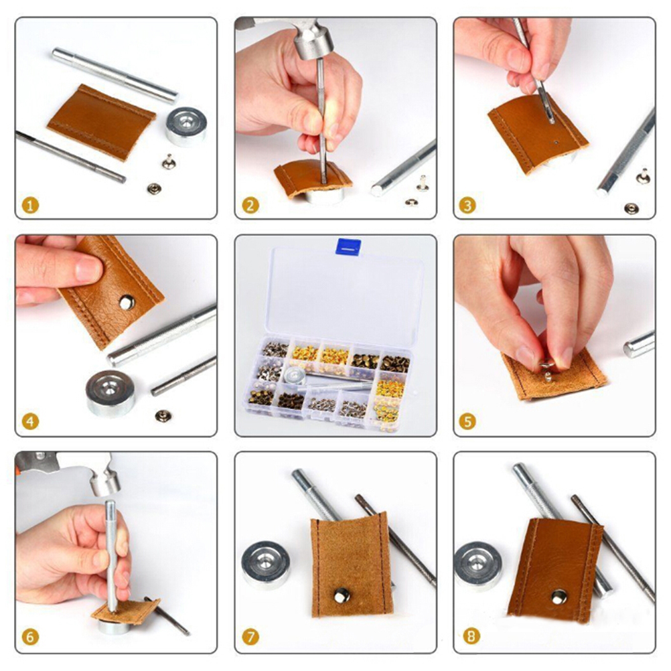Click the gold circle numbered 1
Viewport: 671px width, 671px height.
click(x=30, y=206)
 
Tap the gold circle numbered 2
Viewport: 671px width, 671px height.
click(x=250, y=206)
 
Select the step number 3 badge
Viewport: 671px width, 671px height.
click(x=467, y=206)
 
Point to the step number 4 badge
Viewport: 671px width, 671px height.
click(x=30, y=421)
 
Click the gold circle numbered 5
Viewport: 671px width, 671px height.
click(x=467, y=421)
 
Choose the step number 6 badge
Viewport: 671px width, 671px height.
click(x=30, y=636)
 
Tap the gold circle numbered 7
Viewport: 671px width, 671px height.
click(x=250, y=636)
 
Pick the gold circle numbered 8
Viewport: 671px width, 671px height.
click(x=471, y=636)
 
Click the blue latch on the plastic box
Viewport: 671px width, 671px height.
click(x=348, y=246)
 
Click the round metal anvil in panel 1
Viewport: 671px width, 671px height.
click(x=186, y=127)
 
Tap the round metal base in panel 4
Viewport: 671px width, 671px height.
click(x=110, y=393)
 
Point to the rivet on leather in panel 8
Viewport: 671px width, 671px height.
click(x=558, y=597)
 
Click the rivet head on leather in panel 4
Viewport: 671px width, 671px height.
click(x=127, y=302)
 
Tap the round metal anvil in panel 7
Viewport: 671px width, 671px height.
click(x=266, y=565)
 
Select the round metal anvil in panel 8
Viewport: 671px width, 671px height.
click(x=476, y=566)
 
